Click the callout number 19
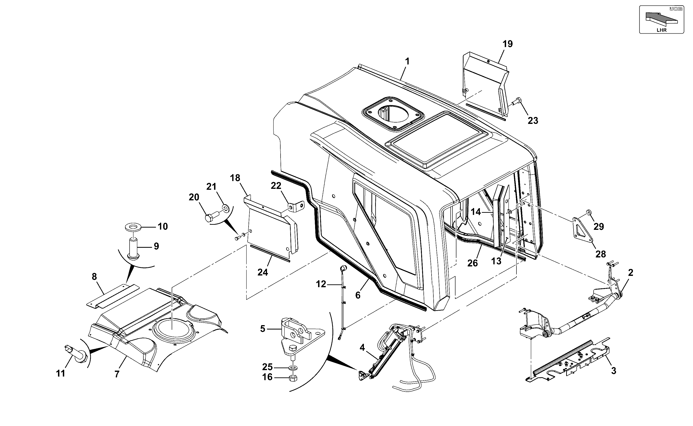[x=508, y=44]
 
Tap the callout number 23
[x=533, y=121]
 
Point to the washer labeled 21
[x=226, y=209]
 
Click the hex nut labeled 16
[x=293, y=378]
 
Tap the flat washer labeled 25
[x=293, y=368]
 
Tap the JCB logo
[x=676, y=9]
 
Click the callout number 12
[x=321, y=284]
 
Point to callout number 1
[x=407, y=61]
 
